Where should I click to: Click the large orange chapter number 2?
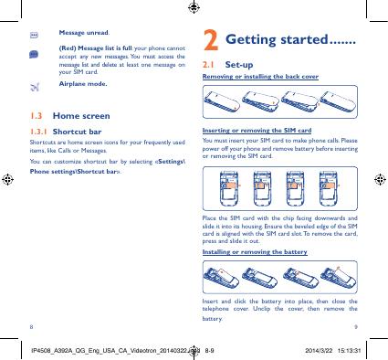(211, 40)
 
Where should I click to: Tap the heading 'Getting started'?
(277, 40)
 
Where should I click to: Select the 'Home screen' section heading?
(81, 116)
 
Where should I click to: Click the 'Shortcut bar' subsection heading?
(77, 132)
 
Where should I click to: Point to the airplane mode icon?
(35, 87)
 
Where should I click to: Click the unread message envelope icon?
(34, 36)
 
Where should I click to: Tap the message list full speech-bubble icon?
(34, 55)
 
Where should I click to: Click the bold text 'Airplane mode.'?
(83, 84)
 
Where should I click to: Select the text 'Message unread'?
(84, 33)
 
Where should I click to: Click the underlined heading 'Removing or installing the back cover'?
(260, 77)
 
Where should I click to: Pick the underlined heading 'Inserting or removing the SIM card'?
(257, 131)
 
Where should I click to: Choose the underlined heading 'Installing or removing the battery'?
(255, 252)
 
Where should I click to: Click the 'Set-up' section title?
(239, 65)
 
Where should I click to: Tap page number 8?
(31, 327)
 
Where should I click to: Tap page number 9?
(356, 327)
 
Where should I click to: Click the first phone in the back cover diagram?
(222, 101)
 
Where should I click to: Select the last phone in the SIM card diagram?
(329, 188)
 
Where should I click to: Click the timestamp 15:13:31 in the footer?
(349, 351)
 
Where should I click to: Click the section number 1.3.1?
(38, 132)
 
